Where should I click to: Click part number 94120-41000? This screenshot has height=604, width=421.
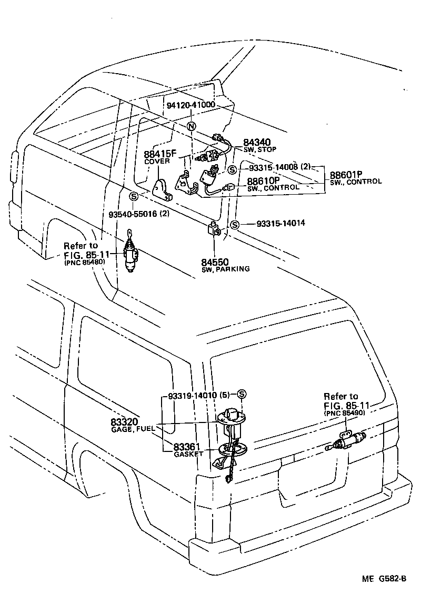click(x=191, y=105)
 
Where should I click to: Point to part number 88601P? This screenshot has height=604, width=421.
click(x=347, y=174)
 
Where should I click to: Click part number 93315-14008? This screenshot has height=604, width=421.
click(x=270, y=167)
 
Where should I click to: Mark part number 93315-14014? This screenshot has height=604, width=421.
click(x=281, y=224)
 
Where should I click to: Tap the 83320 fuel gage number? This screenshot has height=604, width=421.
click(x=124, y=422)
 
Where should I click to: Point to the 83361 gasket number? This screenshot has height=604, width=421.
click(x=188, y=447)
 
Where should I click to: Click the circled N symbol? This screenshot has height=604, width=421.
click(x=192, y=126)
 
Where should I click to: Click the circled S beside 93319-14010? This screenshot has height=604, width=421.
click(x=242, y=395)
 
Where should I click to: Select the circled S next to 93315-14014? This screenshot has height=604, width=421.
click(x=235, y=225)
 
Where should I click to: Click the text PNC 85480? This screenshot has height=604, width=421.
click(x=85, y=263)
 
